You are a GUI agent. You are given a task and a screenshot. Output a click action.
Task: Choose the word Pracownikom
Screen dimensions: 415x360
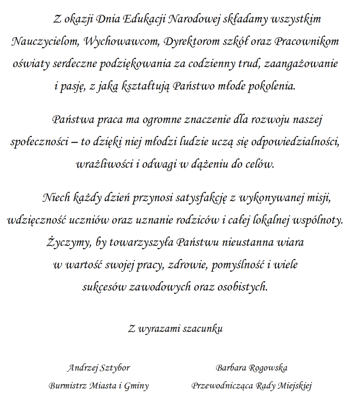(306, 42)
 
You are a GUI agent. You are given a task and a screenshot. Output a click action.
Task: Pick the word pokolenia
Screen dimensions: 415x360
(272, 86)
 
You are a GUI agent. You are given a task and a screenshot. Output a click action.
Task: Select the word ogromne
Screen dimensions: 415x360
(163, 120)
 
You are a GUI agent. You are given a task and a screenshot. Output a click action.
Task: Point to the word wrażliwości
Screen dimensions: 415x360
(104, 164)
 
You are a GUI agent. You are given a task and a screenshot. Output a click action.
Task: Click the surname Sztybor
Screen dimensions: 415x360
(114, 368)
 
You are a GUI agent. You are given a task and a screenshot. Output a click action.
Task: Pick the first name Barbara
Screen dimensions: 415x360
(231, 368)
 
